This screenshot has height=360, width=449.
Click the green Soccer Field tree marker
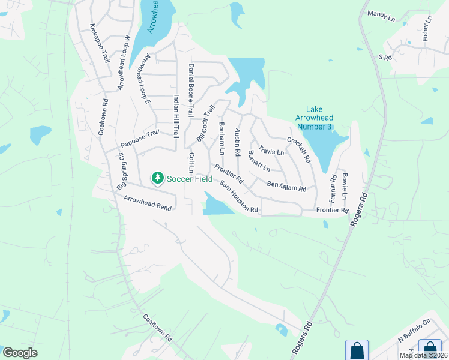[x=157, y=178]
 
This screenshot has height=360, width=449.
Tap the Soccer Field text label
[x=189, y=178]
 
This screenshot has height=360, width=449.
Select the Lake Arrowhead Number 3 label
[x=314, y=118]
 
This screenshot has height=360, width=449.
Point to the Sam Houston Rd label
[x=238, y=197]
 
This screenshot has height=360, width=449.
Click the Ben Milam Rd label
[x=286, y=185]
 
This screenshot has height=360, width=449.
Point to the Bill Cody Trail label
[x=205, y=124]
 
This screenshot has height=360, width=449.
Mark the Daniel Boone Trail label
[x=191, y=90]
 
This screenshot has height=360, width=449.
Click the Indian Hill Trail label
[x=176, y=116]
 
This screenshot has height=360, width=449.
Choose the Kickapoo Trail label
[x=100, y=43]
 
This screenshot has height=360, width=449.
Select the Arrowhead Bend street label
[x=148, y=203]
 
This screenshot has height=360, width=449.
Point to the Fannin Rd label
[x=333, y=187]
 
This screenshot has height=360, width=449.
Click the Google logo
[x=20, y=353]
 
